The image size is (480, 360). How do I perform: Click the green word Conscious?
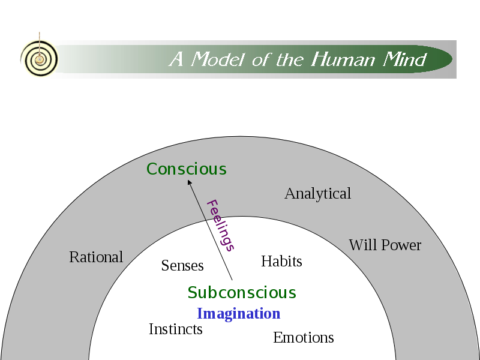point(187,169)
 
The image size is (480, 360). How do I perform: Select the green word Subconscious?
point(242,293)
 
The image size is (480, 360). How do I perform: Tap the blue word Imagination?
point(238,314)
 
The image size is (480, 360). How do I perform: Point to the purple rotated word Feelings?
point(220,225)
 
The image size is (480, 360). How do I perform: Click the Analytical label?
point(317,194)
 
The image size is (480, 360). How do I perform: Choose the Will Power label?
point(385,245)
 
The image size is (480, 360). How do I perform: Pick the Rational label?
point(96,257)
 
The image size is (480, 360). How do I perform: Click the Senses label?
point(182,265)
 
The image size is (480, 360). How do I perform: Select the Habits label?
point(281,262)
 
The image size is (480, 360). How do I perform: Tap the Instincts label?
point(175,329)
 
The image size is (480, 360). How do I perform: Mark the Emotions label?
point(303,338)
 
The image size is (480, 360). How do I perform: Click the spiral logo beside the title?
point(39,59)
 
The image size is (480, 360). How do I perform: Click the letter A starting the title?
point(176,59)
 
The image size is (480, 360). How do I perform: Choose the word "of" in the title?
point(261,59)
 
